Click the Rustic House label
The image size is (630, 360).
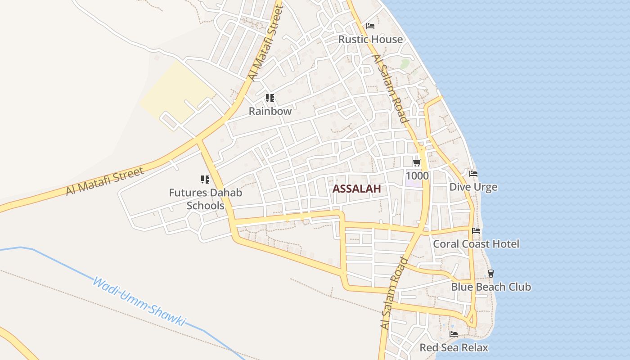tap(370, 39)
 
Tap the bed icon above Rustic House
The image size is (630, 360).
tap(370, 26)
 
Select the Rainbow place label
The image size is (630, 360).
tap(270, 111)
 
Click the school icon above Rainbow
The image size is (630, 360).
tap(270, 98)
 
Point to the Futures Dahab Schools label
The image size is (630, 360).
tap(205, 199)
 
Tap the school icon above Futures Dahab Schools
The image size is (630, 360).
tap(205, 180)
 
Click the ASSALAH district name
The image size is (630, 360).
tap(356, 189)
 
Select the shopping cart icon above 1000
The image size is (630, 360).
tap(417, 162)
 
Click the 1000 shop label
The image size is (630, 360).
tap(417, 175)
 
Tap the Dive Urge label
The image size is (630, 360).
tap(473, 187)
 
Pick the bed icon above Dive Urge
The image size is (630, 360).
tap(473, 174)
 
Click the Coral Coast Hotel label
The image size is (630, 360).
tap(476, 244)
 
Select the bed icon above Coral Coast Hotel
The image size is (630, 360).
tap(476, 231)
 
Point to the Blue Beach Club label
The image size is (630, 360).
tap(491, 287)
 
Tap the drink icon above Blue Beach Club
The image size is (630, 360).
tap(491, 273)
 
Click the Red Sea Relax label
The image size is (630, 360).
tap(454, 347)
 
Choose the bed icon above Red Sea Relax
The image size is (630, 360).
tap(454, 334)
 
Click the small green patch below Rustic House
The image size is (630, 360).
tap(405, 63)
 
